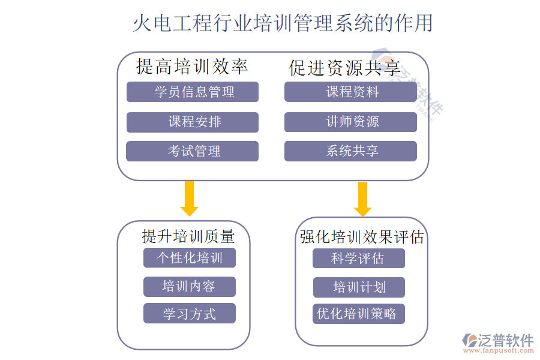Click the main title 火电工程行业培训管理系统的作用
[282, 23]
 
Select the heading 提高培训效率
[192, 66]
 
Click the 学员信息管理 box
[193, 92]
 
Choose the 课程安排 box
[193, 122]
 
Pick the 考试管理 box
[193, 151]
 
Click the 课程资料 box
[350, 92]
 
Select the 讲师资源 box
[350, 122]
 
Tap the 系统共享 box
[350, 151]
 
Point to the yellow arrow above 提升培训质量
[189, 198]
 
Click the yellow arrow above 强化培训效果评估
[362, 199]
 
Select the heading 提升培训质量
[188, 236]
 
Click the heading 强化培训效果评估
[362, 237]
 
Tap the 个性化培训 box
[190, 258]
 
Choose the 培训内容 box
[190, 286]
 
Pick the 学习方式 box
[190, 314]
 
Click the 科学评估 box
[359, 259]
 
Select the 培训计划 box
[359, 287]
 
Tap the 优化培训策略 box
[359, 314]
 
